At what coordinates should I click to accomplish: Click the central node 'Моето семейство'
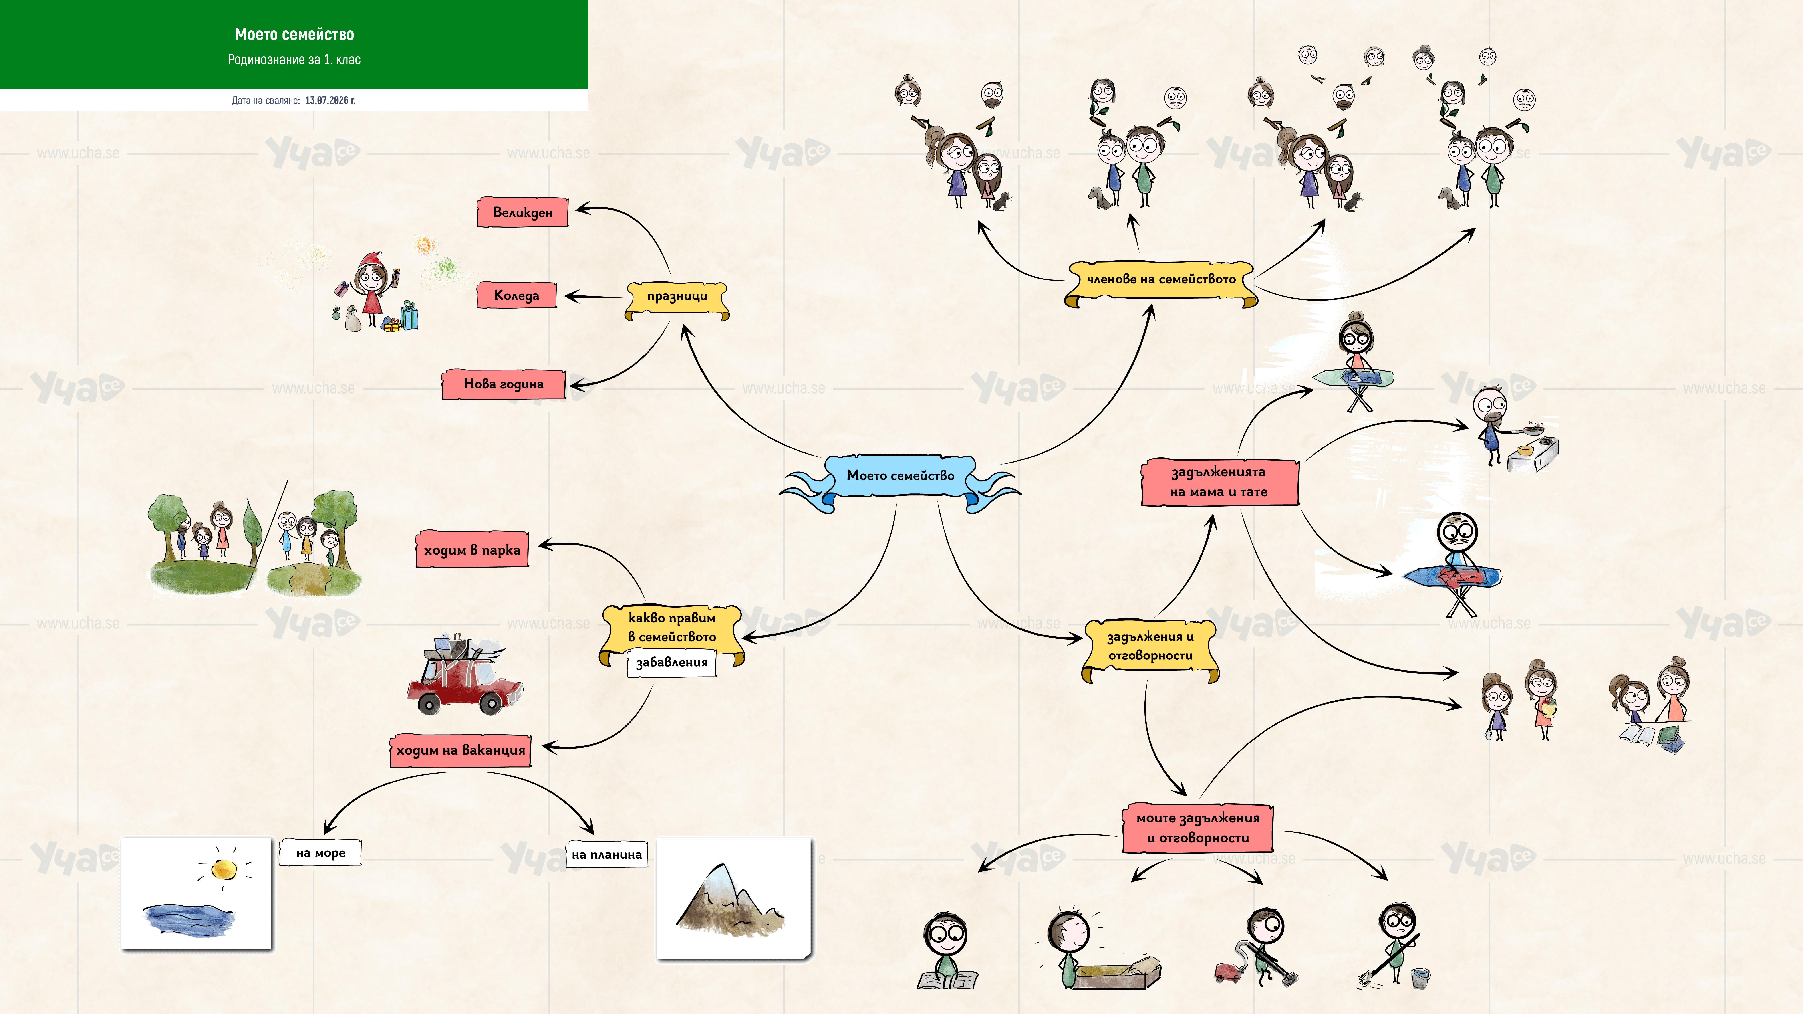pyautogui.click(x=900, y=476)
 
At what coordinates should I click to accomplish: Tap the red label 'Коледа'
pyautogui.click(x=516, y=295)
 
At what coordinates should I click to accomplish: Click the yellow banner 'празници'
pyautogui.click(x=677, y=298)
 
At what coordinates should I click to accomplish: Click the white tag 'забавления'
pyautogui.click(x=671, y=662)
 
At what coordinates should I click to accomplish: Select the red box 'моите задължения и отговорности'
pyautogui.click(x=1197, y=828)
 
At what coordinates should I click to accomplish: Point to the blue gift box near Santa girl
pyautogui.click(x=409, y=316)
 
